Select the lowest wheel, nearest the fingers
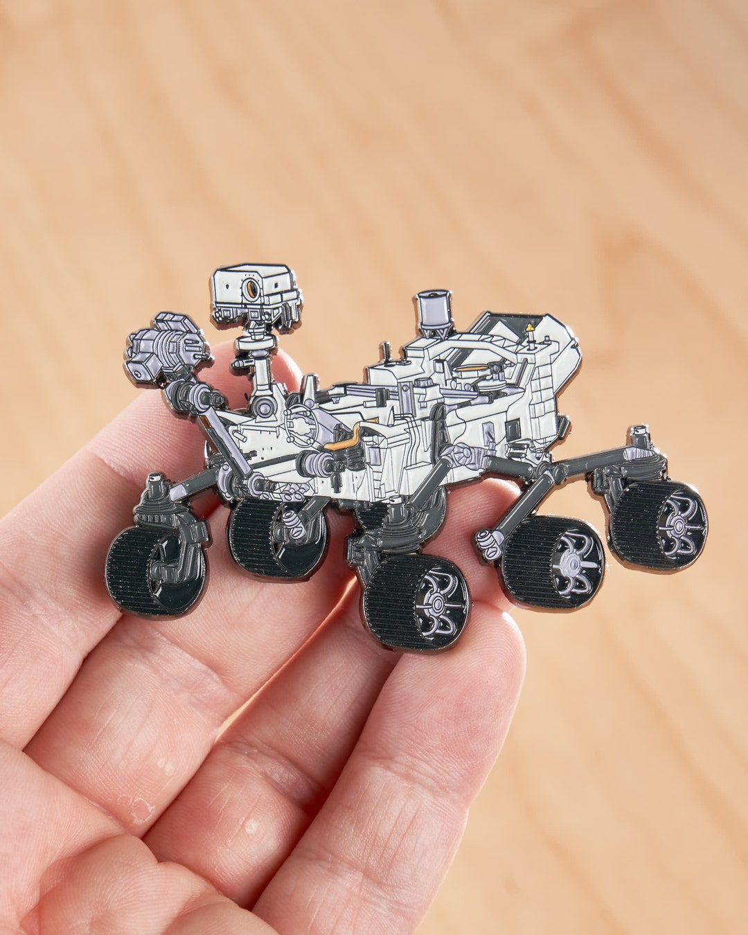click(416, 601)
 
